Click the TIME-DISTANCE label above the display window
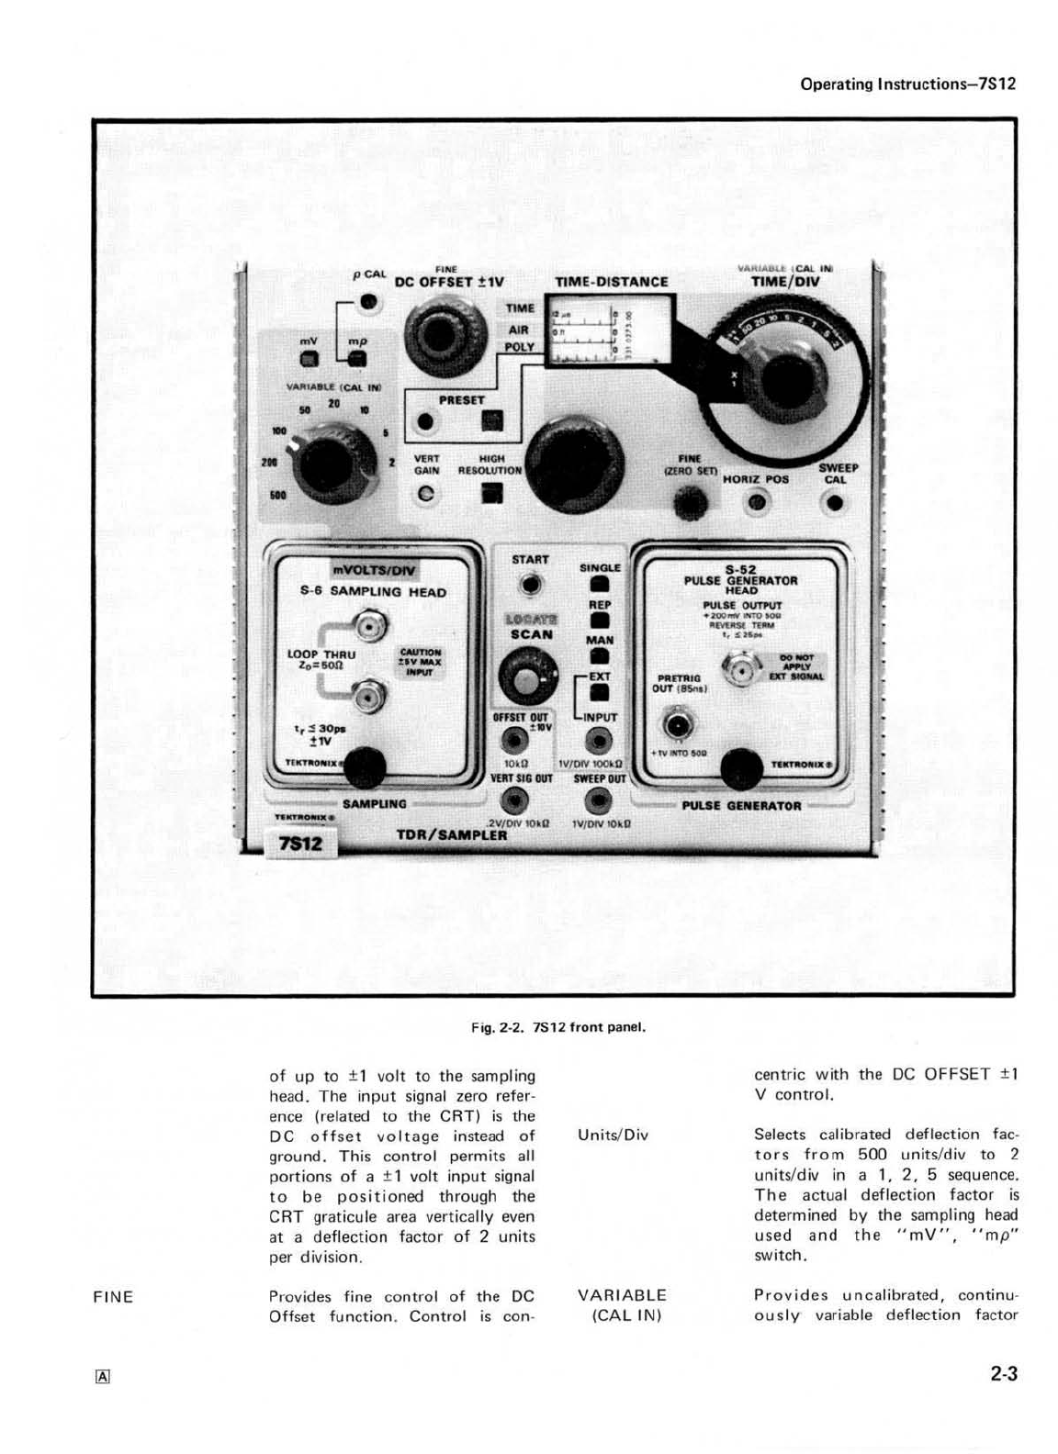(x=612, y=282)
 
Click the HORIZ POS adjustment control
(x=757, y=502)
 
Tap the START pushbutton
(x=530, y=585)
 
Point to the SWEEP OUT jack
(x=599, y=801)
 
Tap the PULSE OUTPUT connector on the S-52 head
(x=740, y=671)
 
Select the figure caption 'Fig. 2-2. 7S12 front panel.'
(x=559, y=1027)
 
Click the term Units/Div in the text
(x=613, y=1135)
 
